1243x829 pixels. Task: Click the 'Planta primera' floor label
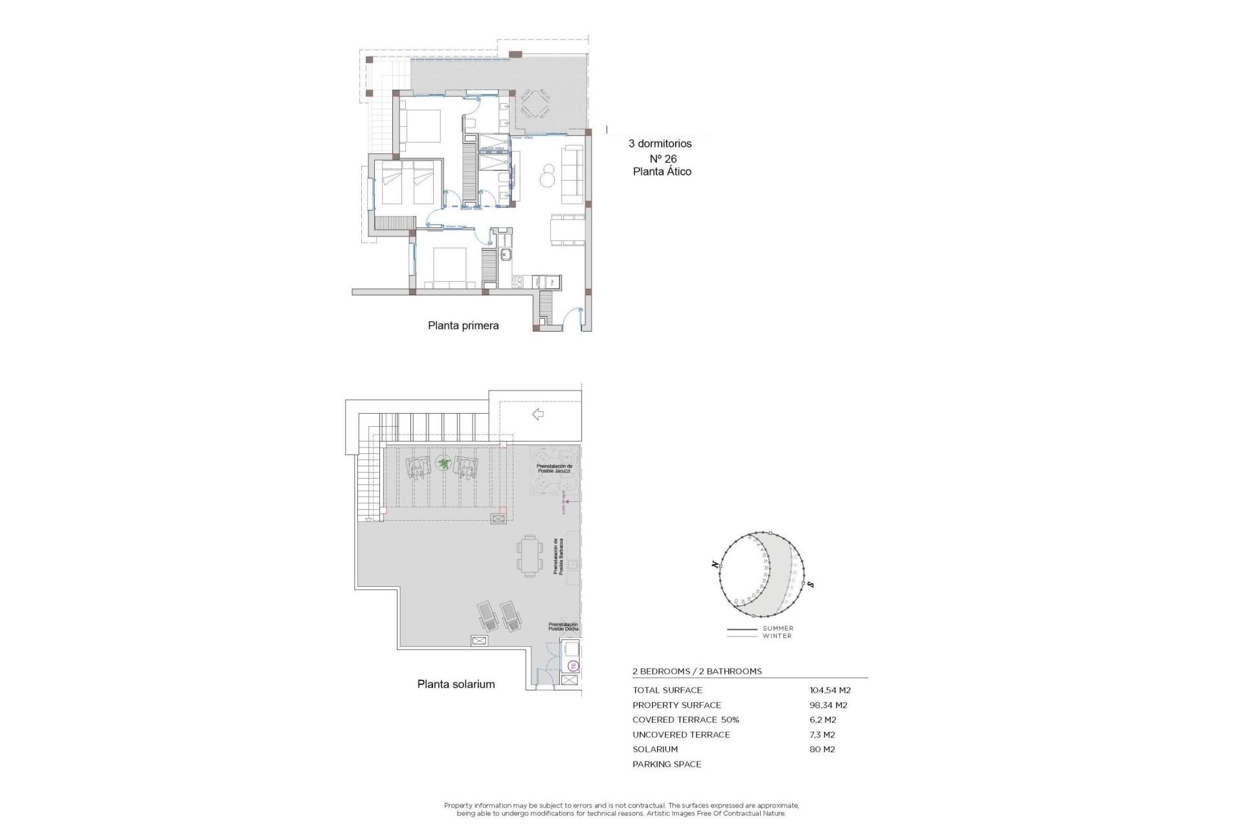click(x=463, y=326)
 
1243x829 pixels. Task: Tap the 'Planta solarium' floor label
click(x=456, y=684)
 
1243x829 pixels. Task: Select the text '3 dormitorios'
click(x=660, y=144)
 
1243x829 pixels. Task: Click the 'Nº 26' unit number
click(x=663, y=159)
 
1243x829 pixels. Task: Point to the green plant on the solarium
click(x=443, y=464)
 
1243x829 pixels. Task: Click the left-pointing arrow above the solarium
click(x=537, y=414)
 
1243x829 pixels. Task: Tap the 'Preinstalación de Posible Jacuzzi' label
click(x=554, y=468)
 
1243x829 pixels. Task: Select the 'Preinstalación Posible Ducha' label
click(x=563, y=627)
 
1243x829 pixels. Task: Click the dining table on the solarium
click(x=530, y=556)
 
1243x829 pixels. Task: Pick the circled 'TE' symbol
click(x=572, y=665)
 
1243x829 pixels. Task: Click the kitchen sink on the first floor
click(x=506, y=255)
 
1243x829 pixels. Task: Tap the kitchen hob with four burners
click(x=518, y=282)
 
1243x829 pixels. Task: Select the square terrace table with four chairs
click(x=535, y=104)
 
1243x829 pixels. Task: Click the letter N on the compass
click(x=715, y=565)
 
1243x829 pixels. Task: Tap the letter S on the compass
click(x=811, y=585)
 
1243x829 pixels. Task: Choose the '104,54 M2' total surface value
click(x=830, y=690)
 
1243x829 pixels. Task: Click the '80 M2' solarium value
click(x=822, y=749)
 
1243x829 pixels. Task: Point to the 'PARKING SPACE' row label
click(x=667, y=764)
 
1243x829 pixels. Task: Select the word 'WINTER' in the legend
click(x=777, y=636)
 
